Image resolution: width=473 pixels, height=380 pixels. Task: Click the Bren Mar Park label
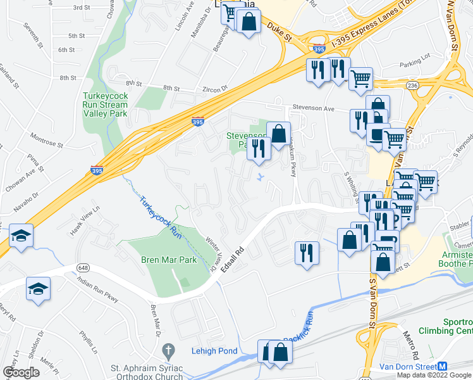169,260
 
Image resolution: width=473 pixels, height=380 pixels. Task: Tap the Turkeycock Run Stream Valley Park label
105,104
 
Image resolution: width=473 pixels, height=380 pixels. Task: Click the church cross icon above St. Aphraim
168,350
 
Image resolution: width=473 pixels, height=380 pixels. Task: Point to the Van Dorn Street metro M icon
443,366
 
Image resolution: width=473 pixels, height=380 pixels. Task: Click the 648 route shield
83,268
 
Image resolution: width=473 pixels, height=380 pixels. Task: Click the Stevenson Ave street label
312,109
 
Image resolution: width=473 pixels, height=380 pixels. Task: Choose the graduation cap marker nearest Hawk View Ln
21,236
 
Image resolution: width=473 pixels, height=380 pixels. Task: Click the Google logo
21,372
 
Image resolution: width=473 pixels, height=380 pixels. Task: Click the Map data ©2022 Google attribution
433,375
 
